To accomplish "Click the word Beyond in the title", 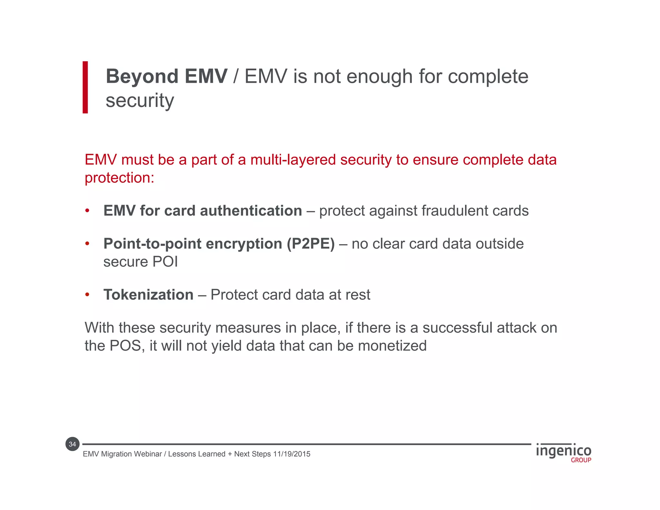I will (x=142, y=77).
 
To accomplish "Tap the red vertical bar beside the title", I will (x=85, y=87).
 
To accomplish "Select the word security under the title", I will (x=140, y=101).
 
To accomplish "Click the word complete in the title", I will (x=488, y=77).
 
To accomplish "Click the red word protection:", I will (x=120, y=178).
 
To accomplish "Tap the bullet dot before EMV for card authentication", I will (x=87, y=211).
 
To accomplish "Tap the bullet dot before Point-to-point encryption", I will (x=87, y=244).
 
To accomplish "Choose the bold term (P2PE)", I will (x=311, y=244).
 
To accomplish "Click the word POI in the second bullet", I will (x=165, y=262).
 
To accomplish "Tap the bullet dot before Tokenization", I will (x=87, y=295).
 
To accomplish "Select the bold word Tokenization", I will (x=148, y=295).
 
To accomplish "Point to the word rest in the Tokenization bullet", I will (x=358, y=295).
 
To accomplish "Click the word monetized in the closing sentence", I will (x=392, y=346).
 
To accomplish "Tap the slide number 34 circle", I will (x=73, y=444).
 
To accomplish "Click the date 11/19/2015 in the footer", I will (x=292, y=454).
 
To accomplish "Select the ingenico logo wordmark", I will (x=563, y=451).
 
